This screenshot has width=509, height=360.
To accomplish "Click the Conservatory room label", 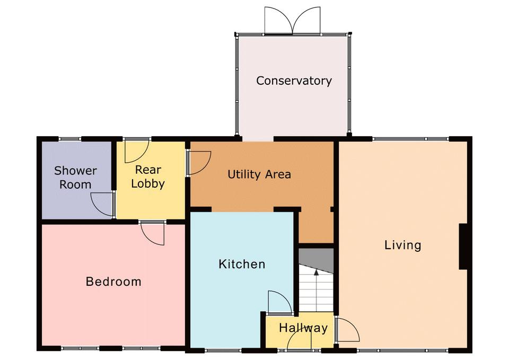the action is click(x=294, y=81).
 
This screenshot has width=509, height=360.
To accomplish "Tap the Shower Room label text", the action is click(x=75, y=178).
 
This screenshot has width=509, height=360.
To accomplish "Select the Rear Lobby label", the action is click(x=148, y=177).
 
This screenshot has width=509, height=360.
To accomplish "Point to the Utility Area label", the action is click(x=259, y=174).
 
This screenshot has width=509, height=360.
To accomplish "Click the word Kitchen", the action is click(x=242, y=264).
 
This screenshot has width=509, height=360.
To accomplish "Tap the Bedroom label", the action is click(x=113, y=282).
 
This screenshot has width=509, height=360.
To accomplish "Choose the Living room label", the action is click(x=403, y=245).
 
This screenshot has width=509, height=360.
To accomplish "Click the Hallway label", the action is click(x=303, y=328).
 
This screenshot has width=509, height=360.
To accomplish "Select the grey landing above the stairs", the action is click(x=316, y=260).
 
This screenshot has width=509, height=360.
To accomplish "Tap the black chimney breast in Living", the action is click(x=463, y=247).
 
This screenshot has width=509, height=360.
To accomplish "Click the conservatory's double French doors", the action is click(x=293, y=21).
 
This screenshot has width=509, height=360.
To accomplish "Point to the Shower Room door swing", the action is click(x=102, y=204).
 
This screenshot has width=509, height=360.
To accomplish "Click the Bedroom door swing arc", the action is click(x=153, y=233).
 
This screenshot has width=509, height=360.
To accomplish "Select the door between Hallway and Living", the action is click(x=348, y=329).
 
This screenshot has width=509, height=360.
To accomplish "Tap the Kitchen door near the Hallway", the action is click(x=280, y=303).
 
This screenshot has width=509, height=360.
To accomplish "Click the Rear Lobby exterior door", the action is click(x=137, y=151).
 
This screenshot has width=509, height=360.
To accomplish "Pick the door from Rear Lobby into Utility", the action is click(x=199, y=163).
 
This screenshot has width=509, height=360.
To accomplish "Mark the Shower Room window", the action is click(x=69, y=139).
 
